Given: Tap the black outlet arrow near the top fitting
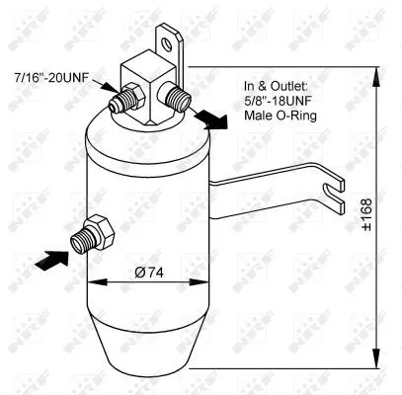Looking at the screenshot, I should pyautogui.click(x=207, y=118).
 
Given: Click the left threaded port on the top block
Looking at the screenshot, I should pyautogui.click(x=127, y=99).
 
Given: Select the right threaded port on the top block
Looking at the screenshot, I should pyautogui.click(x=179, y=96).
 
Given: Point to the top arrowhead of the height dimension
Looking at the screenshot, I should pyautogui.click(x=376, y=70).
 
